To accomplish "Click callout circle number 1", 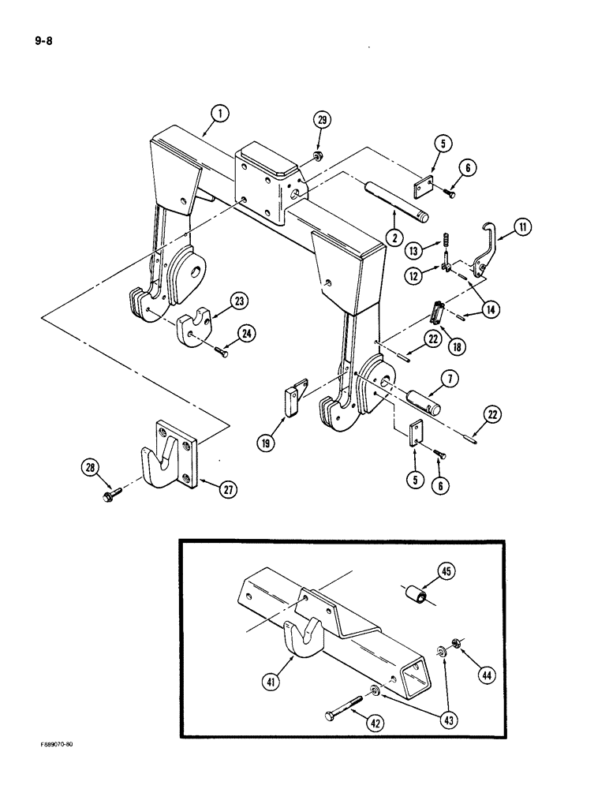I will pyautogui.click(x=220, y=114).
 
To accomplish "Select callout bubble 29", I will pyautogui.click(x=322, y=121).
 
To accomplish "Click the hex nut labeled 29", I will pyautogui.click(x=315, y=155).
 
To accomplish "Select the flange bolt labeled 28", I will pyautogui.click(x=109, y=496).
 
